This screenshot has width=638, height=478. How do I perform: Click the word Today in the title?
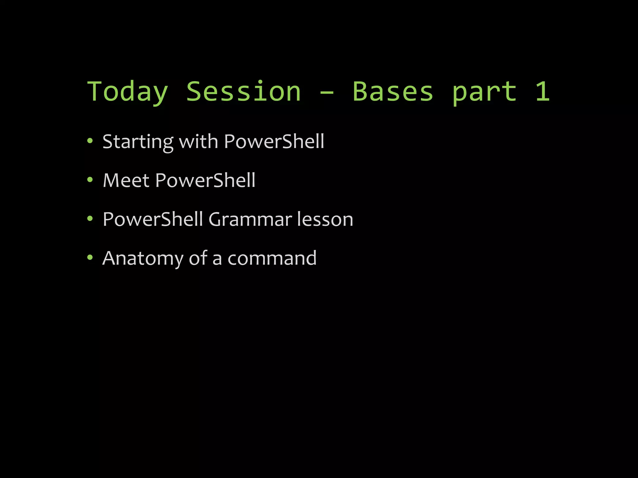pyautogui.click(x=127, y=91)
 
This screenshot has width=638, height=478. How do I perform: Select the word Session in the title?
pyautogui.click(x=244, y=91)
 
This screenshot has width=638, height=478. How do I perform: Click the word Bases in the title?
pyautogui.click(x=393, y=91)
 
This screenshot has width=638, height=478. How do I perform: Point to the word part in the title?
pyautogui.click(x=484, y=92)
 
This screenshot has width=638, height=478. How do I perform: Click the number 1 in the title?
pyautogui.click(x=542, y=91)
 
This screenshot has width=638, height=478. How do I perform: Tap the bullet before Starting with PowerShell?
pyautogui.click(x=90, y=141)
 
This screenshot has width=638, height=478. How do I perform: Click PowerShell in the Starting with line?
pyautogui.click(x=274, y=141)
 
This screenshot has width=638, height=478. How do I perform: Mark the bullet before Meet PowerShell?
pyautogui.click(x=90, y=180)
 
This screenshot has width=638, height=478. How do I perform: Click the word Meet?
pyautogui.click(x=126, y=180)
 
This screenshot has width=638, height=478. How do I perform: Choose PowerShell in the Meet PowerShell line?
pyautogui.click(x=205, y=180)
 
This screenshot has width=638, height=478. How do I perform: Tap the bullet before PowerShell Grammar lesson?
pyautogui.click(x=90, y=219)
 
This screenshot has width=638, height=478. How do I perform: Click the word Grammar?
pyautogui.click(x=250, y=219)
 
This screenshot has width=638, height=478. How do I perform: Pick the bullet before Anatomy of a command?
pyautogui.click(x=90, y=258)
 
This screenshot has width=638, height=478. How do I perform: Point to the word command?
pyautogui.click(x=272, y=258)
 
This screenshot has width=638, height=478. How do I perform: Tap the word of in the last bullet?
pyautogui.click(x=198, y=258)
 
